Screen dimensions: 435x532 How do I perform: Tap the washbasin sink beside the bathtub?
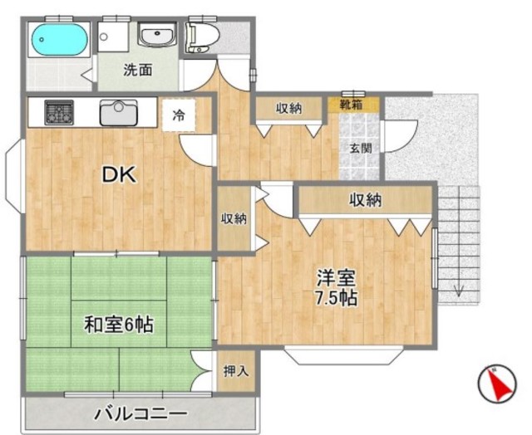point(156,37)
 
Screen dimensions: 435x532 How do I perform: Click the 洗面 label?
point(138,70)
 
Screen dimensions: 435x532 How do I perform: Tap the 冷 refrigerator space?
point(179,115)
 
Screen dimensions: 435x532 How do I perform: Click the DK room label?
point(118,175)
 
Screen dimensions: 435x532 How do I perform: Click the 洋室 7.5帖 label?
point(336,287)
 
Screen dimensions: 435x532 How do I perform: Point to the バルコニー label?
point(140,413)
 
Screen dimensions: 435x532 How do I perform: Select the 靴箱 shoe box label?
point(351,105)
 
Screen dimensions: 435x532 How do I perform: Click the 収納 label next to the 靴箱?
point(288,108)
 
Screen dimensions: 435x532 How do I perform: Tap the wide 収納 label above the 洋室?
point(366,199)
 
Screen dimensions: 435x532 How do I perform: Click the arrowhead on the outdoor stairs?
point(460,291)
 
